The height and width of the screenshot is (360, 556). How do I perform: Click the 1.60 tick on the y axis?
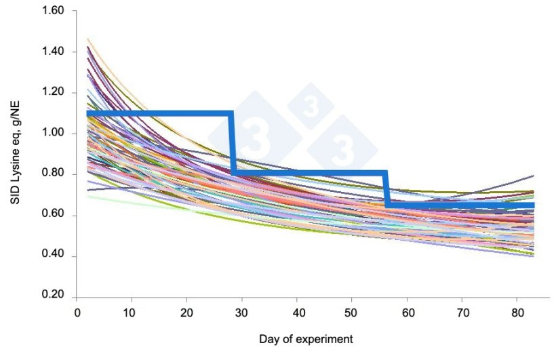(53, 11)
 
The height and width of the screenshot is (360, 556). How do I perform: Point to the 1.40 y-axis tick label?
(53, 52)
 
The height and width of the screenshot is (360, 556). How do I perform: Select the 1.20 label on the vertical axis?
(53, 93)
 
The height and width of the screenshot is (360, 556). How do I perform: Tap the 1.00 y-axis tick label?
(53, 134)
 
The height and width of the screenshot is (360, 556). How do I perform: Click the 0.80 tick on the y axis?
(53, 174)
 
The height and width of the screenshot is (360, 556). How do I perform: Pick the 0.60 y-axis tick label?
(53, 216)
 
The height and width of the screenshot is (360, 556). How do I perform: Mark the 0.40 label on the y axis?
(53, 256)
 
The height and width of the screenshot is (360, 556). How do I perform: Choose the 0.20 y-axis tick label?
(53, 297)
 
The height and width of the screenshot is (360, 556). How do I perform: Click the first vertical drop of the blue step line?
(232, 142)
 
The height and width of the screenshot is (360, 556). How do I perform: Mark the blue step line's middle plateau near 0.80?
(309, 174)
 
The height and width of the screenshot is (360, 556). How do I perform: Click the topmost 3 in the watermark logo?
(310, 106)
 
